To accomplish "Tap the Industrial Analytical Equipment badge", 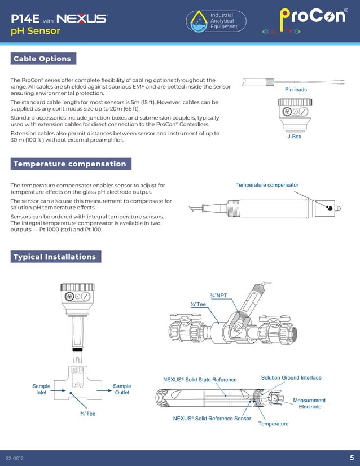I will click(217, 21).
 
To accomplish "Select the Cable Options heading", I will click(43, 59).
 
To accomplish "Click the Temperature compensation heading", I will click(71, 164).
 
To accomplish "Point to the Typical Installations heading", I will click(55, 257).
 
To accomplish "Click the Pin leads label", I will click(296, 90).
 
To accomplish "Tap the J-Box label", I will click(294, 137).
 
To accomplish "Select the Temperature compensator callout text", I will click(267, 185).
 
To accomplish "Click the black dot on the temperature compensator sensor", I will click(329, 208).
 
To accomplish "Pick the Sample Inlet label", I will click(41, 389).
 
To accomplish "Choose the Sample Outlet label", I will click(122, 389).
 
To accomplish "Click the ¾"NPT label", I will click(218, 296).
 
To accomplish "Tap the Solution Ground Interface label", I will click(291, 377).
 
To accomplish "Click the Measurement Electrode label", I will click(309, 403).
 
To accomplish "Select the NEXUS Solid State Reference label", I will click(200, 380).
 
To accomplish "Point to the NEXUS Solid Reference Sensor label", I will click(212, 419).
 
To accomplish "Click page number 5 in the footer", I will click(352, 458).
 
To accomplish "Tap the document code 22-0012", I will click(15, 458).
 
